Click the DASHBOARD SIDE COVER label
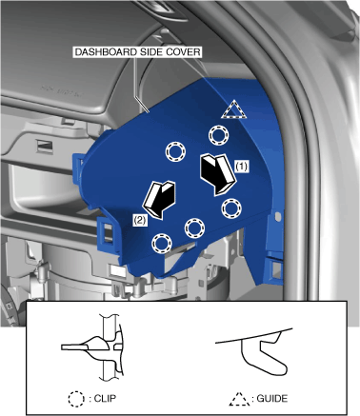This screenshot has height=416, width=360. (x=137, y=52)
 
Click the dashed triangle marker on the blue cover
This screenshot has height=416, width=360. (x=234, y=109)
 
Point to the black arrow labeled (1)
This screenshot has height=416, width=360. (x=218, y=174)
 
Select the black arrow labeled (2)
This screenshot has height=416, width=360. (x=159, y=200)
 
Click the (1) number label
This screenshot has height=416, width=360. (x=242, y=167)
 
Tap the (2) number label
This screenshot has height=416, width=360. (x=140, y=220)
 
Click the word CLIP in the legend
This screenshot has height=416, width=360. (x=105, y=398)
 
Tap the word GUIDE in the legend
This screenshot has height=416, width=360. (x=272, y=398)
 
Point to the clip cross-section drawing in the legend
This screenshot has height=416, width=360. (x=95, y=347)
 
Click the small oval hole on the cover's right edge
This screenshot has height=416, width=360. (x=278, y=217)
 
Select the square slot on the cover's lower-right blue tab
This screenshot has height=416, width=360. (x=276, y=269)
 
